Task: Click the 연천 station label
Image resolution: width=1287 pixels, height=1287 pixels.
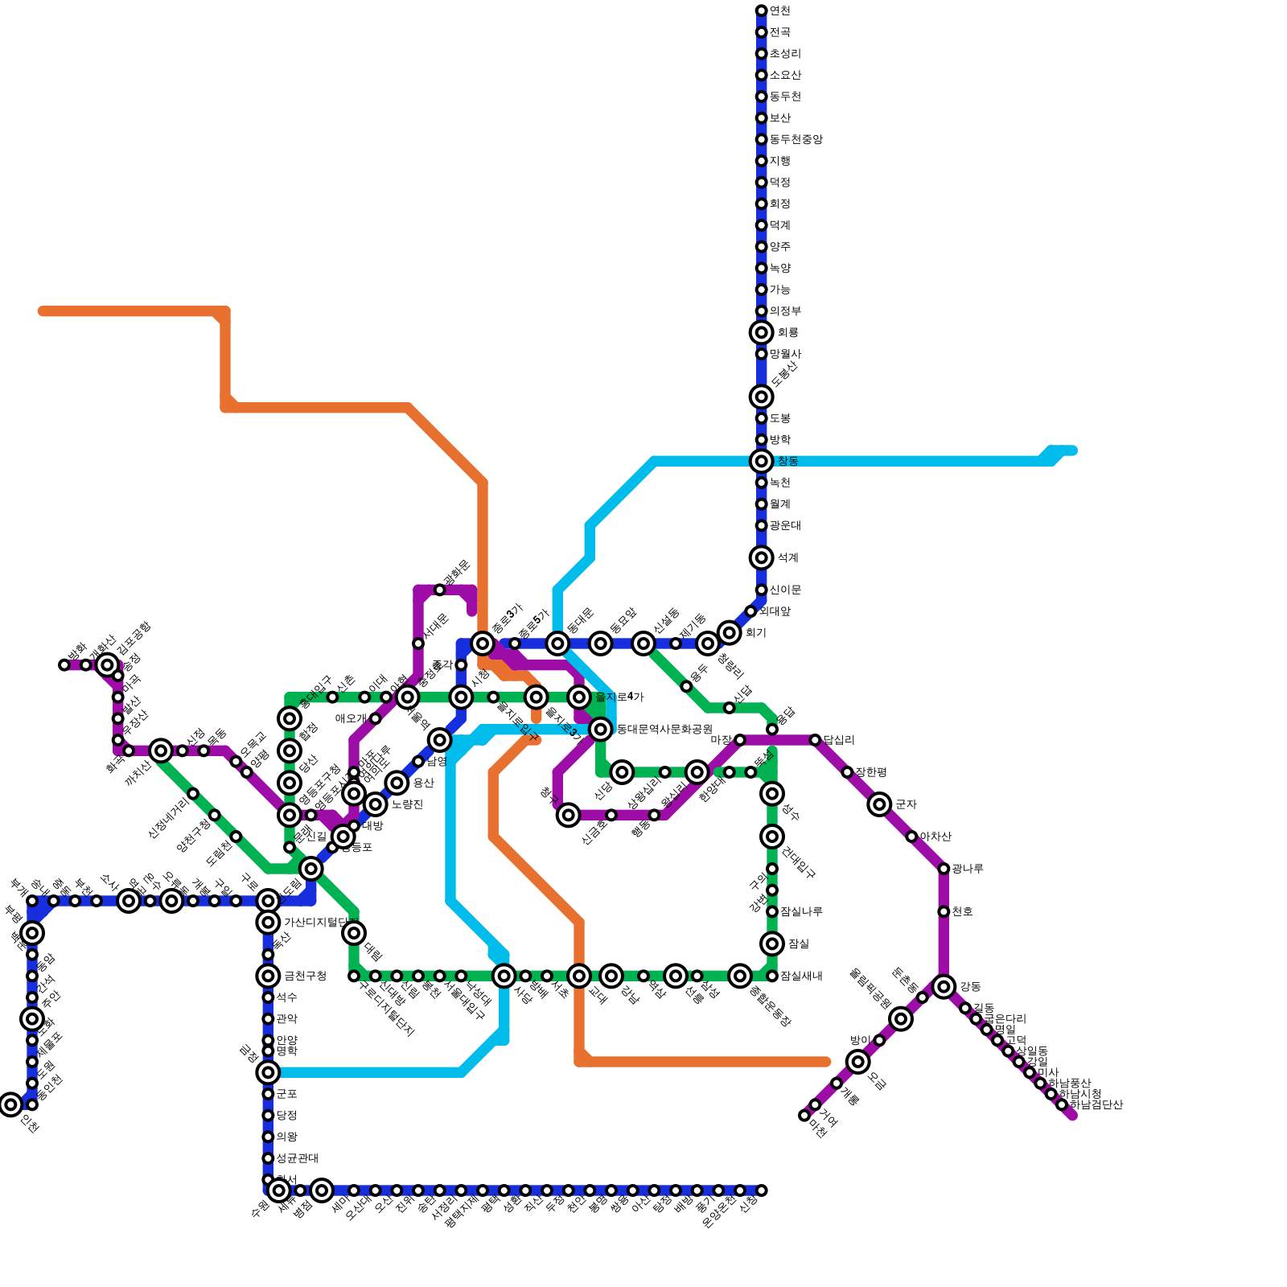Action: (x=779, y=10)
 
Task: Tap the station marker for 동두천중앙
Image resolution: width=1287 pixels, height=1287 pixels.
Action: (x=761, y=139)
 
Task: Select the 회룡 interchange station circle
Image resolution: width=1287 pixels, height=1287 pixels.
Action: (x=761, y=332)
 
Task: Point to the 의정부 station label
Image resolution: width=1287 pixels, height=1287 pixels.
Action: (x=784, y=311)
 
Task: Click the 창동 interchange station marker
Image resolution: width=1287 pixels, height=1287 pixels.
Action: (x=761, y=461)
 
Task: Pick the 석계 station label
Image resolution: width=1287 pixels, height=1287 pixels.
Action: (x=787, y=557)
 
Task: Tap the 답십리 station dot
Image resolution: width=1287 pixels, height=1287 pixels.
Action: (x=815, y=740)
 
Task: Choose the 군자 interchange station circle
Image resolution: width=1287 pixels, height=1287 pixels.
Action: (x=879, y=804)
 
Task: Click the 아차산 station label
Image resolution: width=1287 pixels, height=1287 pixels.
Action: (x=935, y=837)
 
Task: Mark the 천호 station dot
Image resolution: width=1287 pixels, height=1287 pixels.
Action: (x=944, y=911)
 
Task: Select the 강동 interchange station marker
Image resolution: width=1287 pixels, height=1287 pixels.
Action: (x=944, y=986)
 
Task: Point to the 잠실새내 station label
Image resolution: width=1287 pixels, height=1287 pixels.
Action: (x=800, y=977)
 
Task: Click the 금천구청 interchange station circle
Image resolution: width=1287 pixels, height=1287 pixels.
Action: (x=268, y=976)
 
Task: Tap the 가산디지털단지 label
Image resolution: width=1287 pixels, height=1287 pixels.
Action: (x=320, y=922)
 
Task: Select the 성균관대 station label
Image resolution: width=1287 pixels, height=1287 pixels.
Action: (x=297, y=1158)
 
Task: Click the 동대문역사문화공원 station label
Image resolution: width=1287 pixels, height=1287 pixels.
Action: (x=664, y=730)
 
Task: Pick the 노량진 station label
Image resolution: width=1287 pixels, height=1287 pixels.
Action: (x=406, y=804)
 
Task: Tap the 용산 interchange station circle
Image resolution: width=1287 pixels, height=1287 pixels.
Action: (x=397, y=783)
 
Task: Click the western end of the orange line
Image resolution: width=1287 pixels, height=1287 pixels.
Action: (x=42, y=311)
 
